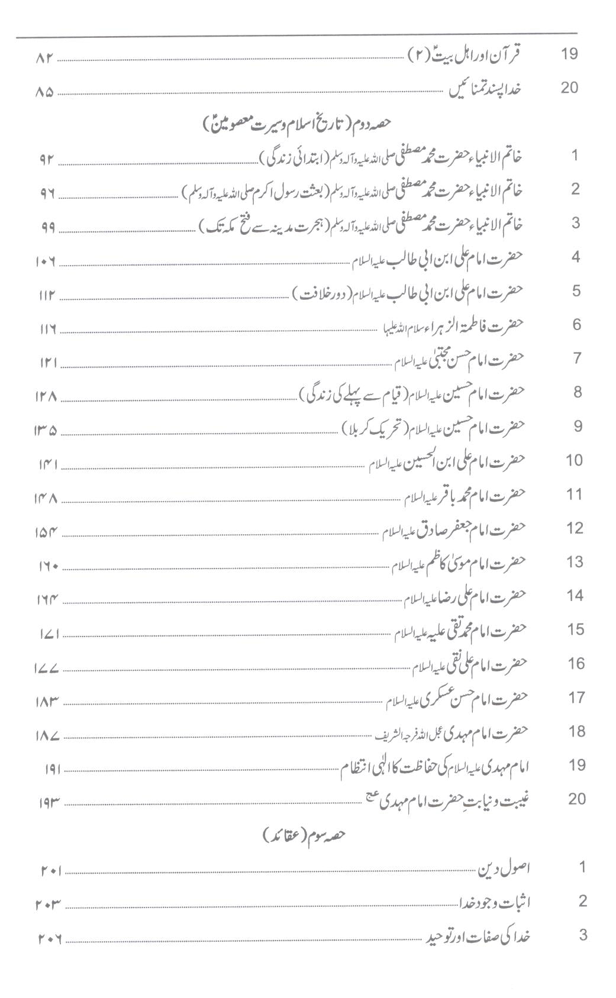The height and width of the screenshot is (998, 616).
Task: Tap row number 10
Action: (x=574, y=460)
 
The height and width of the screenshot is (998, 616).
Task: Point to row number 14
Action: (x=575, y=596)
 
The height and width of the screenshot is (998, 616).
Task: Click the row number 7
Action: (x=577, y=358)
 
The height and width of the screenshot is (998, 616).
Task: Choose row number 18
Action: (x=576, y=731)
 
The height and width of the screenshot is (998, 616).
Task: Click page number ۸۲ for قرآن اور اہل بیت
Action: (x=45, y=58)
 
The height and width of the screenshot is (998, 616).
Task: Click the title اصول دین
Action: (x=504, y=868)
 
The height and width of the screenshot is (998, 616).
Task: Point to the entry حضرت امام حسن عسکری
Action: (x=456, y=698)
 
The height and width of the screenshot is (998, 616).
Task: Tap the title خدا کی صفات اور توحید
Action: (x=479, y=936)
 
